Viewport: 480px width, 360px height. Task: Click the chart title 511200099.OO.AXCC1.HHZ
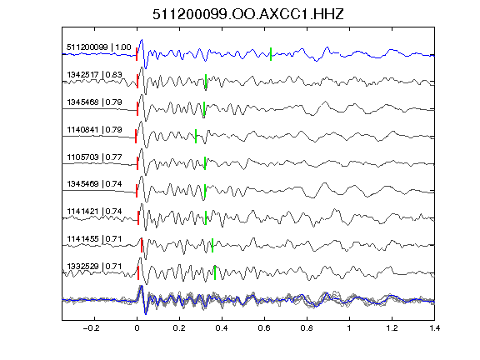tap(248, 14)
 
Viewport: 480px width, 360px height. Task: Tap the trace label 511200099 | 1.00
tap(99, 47)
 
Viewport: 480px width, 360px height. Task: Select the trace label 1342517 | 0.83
tap(95, 75)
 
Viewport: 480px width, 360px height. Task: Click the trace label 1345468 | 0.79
tap(95, 102)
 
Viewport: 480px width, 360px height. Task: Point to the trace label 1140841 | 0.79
tap(95, 130)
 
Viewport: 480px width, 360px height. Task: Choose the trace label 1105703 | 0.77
tap(95, 157)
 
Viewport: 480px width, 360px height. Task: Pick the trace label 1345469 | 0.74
tap(95, 184)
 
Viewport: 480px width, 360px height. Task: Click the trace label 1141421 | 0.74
tap(95, 212)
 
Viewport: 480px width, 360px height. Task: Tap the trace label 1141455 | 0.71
tap(95, 239)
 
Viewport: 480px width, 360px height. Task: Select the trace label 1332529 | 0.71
tap(95, 267)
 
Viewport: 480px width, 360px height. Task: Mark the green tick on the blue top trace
tap(271, 54)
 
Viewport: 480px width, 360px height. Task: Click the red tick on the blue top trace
tap(137, 54)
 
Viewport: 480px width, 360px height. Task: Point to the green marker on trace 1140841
tap(196, 136)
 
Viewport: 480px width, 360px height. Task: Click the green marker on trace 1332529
tap(215, 272)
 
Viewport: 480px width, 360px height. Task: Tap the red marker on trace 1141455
tap(142, 245)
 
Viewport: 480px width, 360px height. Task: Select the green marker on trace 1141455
tap(212, 245)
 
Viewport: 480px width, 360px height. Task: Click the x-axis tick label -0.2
tap(92, 328)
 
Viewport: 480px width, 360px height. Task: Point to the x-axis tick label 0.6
tap(264, 328)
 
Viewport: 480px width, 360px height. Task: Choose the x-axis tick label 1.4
tap(435, 328)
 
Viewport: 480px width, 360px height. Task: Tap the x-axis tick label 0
tap(137, 328)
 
